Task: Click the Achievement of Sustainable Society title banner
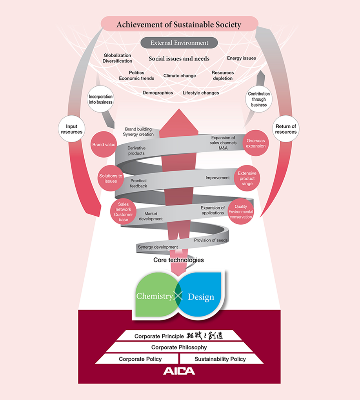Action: (179, 25)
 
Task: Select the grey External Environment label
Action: (179, 43)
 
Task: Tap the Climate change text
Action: (180, 76)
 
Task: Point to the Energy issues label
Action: (241, 58)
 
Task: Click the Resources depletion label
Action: (223, 75)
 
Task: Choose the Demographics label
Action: (158, 93)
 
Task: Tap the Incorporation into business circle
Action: (100, 99)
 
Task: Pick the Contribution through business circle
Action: (259, 99)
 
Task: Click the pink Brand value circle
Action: (104, 145)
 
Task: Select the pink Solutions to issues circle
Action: (111, 178)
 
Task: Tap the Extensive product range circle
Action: (247, 178)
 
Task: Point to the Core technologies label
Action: (178, 260)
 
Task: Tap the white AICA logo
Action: (179, 371)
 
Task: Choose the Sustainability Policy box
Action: (220, 359)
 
